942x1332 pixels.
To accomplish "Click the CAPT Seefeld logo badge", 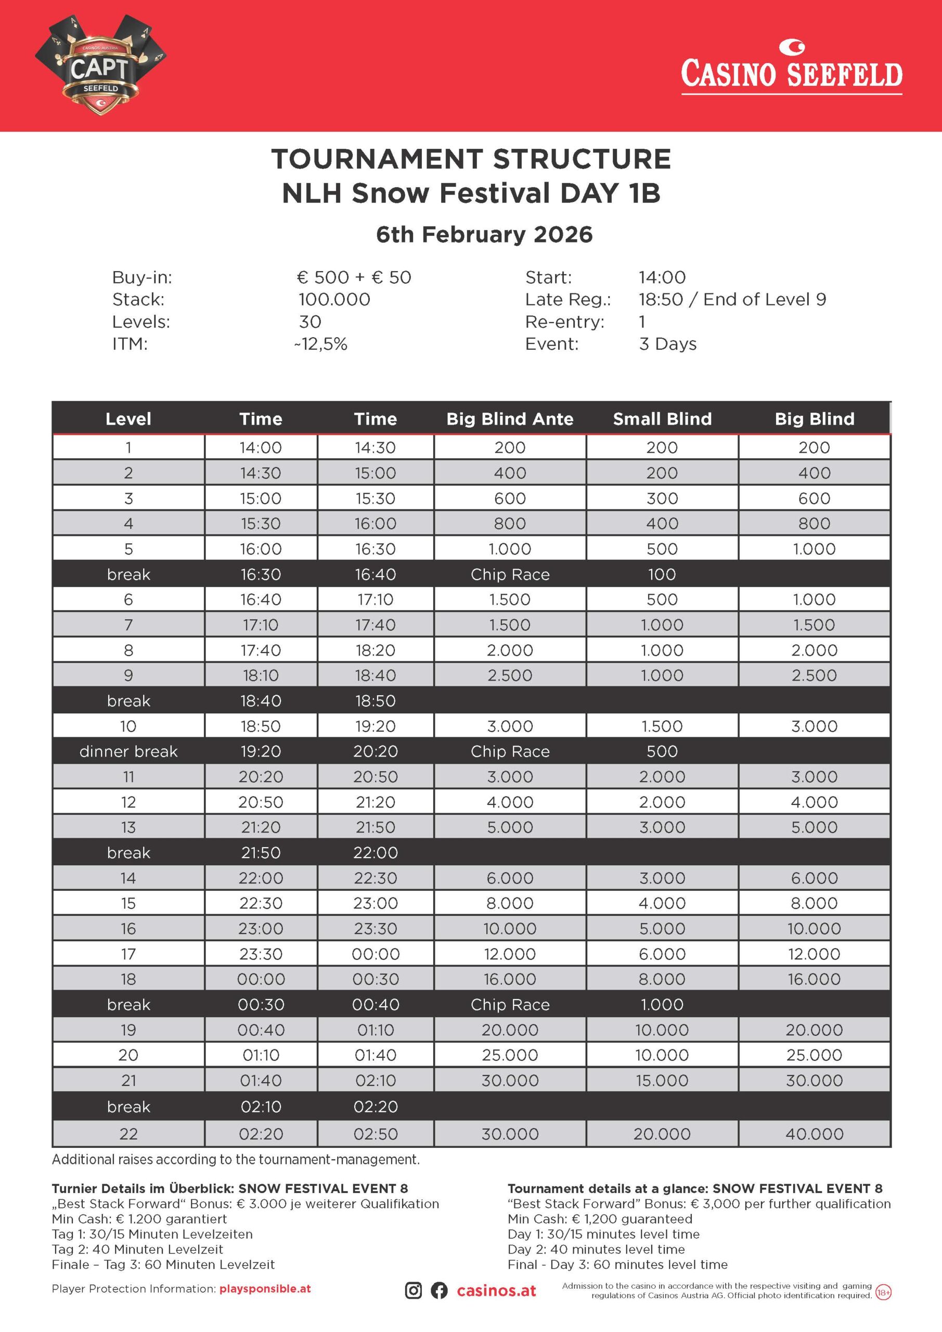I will tap(100, 65).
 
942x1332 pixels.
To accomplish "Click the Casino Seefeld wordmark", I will tap(791, 72).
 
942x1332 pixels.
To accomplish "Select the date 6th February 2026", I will tap(484, 234).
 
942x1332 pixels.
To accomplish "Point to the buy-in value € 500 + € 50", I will tap(354, 277).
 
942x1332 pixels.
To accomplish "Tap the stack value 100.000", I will tap(334, 299).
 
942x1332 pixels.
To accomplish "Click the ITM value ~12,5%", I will tap(321, 344).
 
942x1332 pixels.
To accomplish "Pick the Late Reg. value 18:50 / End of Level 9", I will tap(732, 299).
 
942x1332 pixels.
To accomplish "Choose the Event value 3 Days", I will tap(668, 344).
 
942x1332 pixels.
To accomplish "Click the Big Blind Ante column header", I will tap(510, 419).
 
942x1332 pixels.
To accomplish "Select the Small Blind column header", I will tap(662, 419).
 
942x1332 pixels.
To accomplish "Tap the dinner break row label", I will tap(128, 751).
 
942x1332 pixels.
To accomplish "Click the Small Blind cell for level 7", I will tap(662, 625).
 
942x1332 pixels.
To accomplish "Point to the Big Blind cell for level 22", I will tap(814, 1134).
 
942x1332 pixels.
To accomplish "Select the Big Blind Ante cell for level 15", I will tap(510, 903).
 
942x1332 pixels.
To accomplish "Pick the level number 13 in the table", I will tap(128, 827).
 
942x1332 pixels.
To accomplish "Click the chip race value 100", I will tap(662, 574).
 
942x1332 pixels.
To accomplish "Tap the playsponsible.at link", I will tap(265, 1288).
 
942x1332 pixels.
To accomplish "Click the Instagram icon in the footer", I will tap(413, 1291).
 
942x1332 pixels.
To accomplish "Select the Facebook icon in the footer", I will tap(439, 1291).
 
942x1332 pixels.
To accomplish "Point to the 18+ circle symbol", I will tap(883, 1292).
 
